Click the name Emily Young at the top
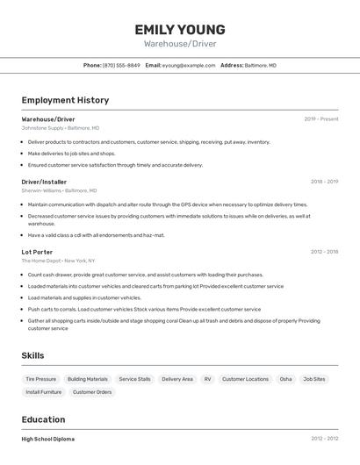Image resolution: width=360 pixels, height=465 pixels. click(180, 29)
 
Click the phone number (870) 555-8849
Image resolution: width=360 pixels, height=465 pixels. click(121, 65)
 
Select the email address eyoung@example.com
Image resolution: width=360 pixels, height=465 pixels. click(188, 65)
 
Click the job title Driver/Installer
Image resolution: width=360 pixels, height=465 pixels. click(44, 182)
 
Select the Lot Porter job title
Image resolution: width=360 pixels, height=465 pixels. click(37, 252)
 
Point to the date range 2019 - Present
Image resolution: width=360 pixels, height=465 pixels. click(321, 118)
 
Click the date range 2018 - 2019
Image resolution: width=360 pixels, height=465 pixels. click(324, 182)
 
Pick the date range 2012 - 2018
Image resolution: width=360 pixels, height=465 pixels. click(324, 252)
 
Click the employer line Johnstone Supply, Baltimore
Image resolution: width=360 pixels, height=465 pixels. click(60, 127)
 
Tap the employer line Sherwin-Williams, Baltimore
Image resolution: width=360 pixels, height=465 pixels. click(59, 190)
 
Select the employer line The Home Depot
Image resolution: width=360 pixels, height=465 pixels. click(58, 261)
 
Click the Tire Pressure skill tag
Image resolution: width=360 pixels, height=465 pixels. click(40, 379)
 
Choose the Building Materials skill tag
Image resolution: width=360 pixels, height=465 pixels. click(88, 379)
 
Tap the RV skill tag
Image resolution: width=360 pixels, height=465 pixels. click(208, 379)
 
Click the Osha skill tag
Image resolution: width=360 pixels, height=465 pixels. click(286, 379)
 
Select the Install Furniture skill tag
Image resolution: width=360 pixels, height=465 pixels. click(44, 392)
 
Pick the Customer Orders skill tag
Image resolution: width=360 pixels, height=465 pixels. click(92, 392)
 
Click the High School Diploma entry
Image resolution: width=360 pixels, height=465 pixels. click(48, 439)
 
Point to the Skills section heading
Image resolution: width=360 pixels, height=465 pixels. click(33, 355)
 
